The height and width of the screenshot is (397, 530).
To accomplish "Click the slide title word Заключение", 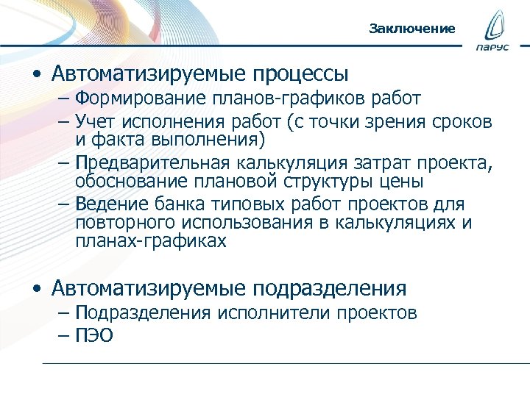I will [412, 29].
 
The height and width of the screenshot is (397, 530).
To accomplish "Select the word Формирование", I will [147, 98].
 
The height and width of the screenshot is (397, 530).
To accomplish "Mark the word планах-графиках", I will [151, 240].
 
